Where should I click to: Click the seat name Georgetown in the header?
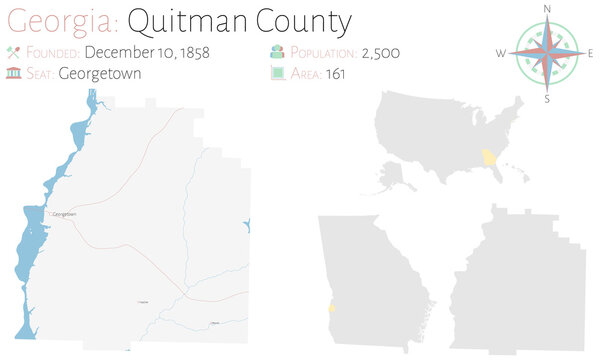[x=100, y=72]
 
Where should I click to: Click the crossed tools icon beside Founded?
[x=13, y=52]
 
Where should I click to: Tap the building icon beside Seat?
[x=13, y=72]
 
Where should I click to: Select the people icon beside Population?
[x=276, y=52]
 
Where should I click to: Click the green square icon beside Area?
[x=276, y=72]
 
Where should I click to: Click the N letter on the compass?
[x=547, y=8]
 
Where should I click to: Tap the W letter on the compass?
[x=500, y=52]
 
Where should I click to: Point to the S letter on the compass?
[x=547, y=99]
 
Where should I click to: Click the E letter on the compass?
[x=591, y=52]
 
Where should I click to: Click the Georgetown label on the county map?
[x=64, y=214]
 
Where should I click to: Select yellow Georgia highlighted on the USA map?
[x=489, y=158]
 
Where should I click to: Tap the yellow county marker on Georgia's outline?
[x=331, y=311]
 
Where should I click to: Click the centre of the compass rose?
[x=547, y=53]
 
